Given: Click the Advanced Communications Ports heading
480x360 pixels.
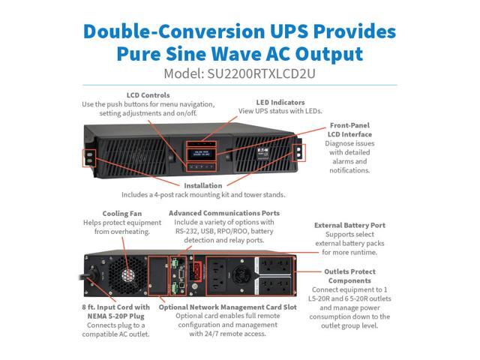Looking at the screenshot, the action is tap(221, 213).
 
